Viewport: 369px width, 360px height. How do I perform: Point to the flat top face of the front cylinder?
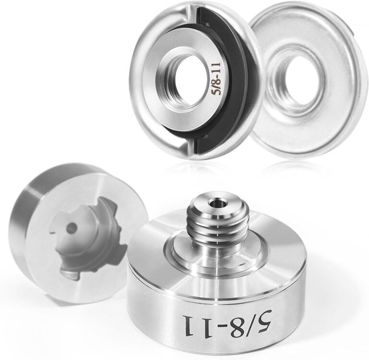(158, 254)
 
